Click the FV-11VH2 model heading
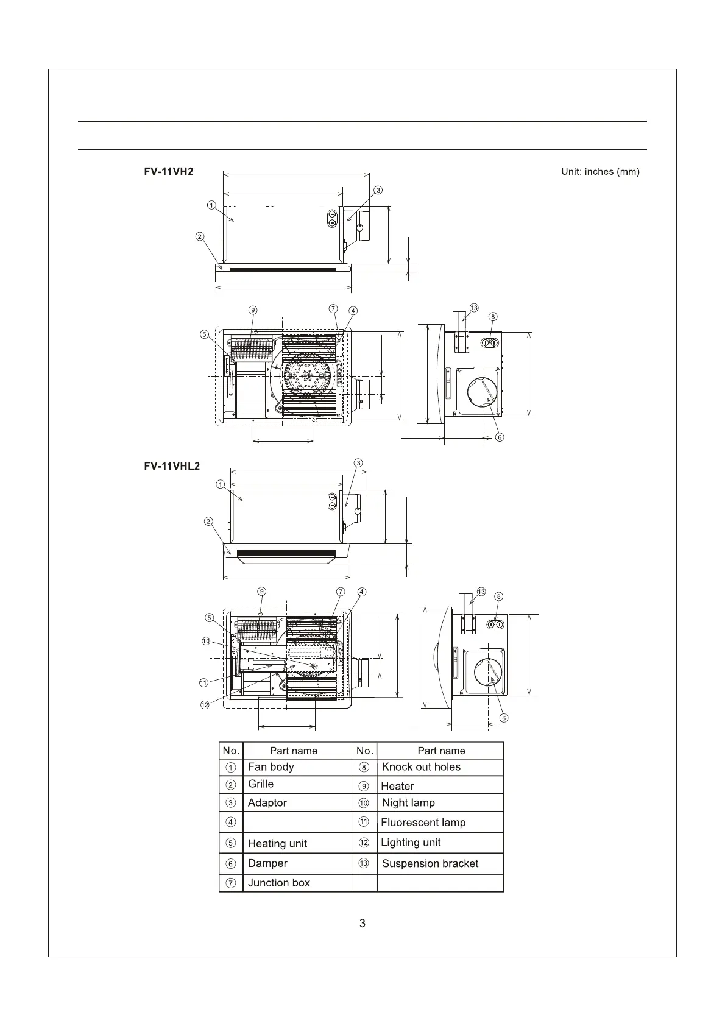pos(169,172)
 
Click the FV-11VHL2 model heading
pos(172,466)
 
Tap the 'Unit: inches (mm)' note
pos(600,172)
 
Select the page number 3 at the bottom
pos(362,923)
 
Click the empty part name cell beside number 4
pos(297,822)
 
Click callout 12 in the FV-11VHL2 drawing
pos(205,705)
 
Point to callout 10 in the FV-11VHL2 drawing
pos(206,641)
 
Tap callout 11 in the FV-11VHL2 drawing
pos(204,683)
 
